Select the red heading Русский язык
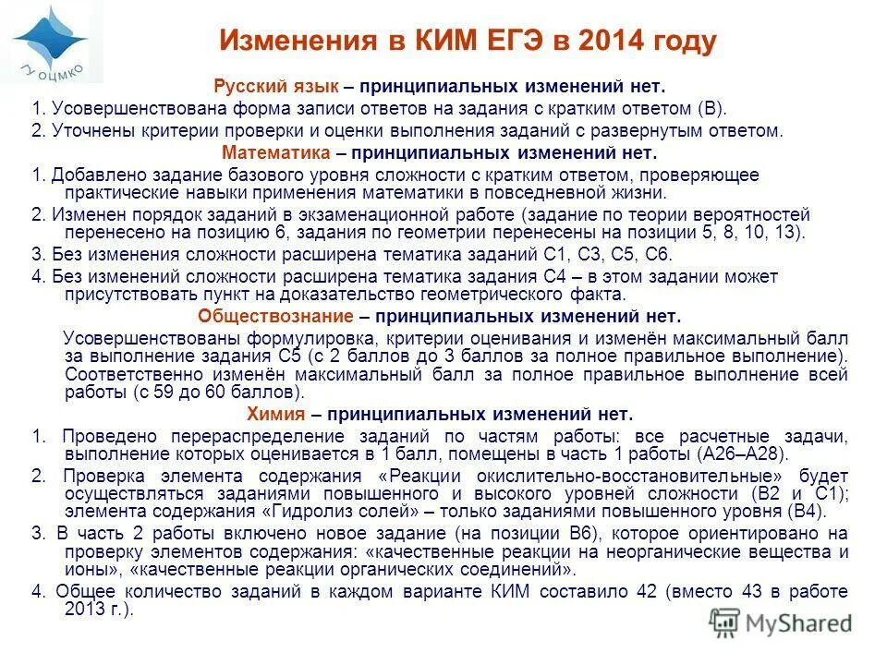276,87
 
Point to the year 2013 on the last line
85,610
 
